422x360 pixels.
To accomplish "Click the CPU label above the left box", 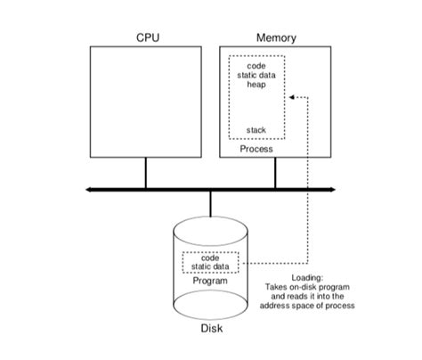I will coord(147,37).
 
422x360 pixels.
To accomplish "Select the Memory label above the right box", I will coord(276,37).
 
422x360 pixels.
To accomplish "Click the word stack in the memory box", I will coord(256,130).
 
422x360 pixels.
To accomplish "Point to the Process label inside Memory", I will coord(256,149).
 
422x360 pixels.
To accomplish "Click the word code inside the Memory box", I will coord(256,66).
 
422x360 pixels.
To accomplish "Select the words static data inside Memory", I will coord(256,77).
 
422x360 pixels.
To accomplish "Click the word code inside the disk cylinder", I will coord(211,258).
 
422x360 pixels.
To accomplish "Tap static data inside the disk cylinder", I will coord(211,266).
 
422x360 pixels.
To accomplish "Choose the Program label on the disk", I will coord(211,281).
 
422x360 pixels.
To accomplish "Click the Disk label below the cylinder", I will coord(211,329).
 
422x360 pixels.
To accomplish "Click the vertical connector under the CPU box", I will coord(146,174).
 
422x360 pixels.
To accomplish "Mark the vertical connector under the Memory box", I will coord(275,174).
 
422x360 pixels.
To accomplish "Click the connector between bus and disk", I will coord(211,204).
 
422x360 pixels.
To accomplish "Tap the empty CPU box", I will coord(146,102).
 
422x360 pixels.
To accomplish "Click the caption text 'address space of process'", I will coord(307,306).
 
